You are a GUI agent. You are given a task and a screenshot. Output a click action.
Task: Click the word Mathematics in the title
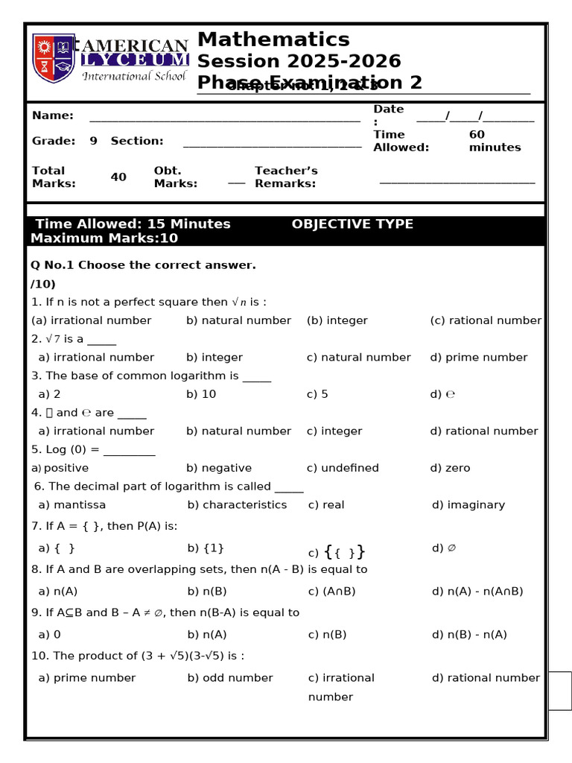[273, 39]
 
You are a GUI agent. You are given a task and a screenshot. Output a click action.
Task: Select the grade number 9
[93, 141]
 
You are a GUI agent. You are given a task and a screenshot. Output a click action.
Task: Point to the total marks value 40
[118, 177]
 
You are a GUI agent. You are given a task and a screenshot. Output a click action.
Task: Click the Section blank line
[272, 145]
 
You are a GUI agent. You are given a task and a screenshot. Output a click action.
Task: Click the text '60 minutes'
[495, 141]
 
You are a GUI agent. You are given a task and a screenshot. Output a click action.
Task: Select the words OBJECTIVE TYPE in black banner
[352, 224]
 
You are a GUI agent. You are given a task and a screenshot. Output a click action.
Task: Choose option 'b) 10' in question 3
[201, 394]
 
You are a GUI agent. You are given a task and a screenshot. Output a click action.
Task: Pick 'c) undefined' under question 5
[343, 468]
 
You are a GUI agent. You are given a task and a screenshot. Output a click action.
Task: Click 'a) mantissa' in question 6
[72, 504]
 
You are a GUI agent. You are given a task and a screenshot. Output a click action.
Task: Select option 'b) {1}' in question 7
[206, 548]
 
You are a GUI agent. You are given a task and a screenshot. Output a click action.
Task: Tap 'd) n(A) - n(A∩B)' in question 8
[477, 591]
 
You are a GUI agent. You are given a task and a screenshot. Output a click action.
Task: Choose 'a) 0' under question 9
[50, 634]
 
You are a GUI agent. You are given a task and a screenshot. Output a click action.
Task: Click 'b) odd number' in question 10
[230, 677]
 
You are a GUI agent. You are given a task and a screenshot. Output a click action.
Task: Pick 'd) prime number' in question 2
[478, 357]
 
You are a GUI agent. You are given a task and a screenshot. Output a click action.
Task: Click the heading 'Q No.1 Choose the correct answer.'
[143, 265]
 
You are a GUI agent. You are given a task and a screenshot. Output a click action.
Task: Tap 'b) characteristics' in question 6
[237, 504]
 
